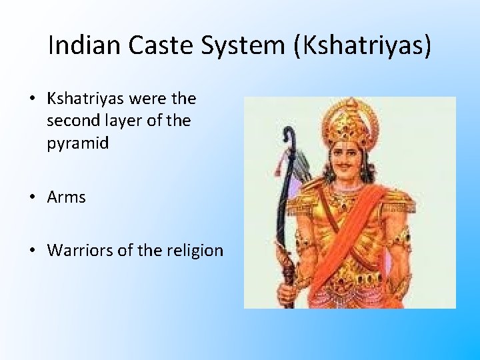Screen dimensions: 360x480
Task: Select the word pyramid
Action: [77, 143]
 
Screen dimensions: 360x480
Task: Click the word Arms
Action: [66, 197]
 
